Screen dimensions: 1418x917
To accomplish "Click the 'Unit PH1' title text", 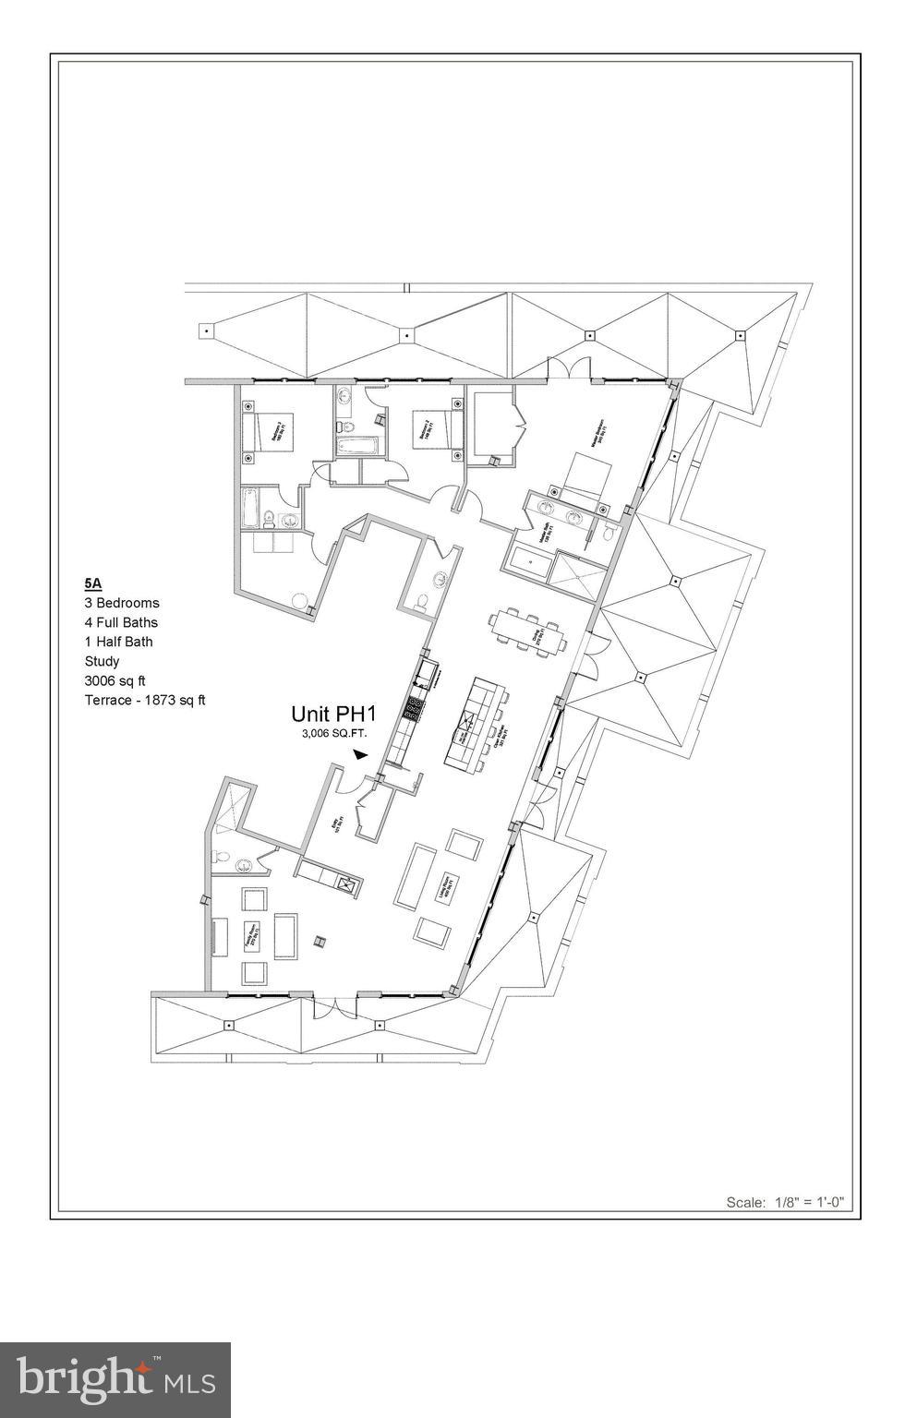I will pos(334,714).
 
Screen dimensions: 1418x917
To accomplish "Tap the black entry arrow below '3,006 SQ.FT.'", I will pos(360,754).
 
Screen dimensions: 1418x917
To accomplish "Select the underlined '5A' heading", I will pos(92,583).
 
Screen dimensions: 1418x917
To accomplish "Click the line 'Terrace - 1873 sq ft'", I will pos(145,700).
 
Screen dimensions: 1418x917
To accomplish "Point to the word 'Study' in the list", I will pos(102,661).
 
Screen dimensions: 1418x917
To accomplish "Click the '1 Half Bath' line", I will pos(119,642).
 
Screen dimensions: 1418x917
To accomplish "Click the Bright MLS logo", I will pos(115,1379).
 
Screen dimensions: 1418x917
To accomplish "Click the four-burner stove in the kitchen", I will pos(416,709).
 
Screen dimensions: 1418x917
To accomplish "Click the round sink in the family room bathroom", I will pos(245,866).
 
